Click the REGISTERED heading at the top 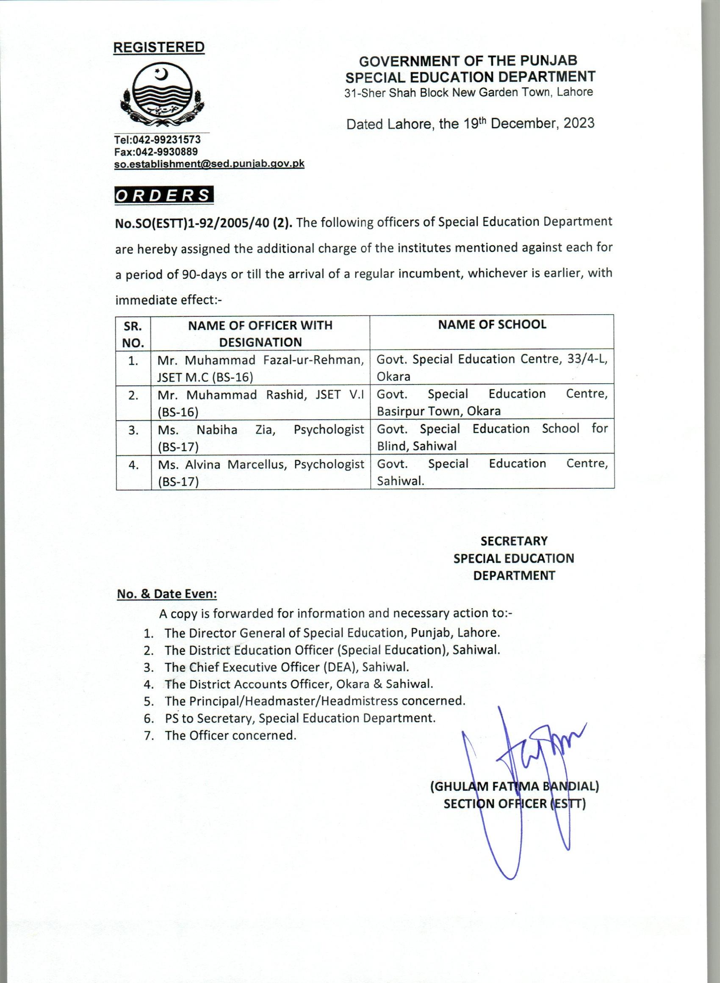159,47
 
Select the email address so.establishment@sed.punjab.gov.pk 209,164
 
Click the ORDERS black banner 164,195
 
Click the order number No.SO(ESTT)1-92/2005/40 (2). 204,223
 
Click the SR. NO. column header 133,334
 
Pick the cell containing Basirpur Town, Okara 492,402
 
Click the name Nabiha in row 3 216,429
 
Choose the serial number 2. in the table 133,396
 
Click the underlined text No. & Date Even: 167,594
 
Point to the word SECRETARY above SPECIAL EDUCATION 514,541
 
